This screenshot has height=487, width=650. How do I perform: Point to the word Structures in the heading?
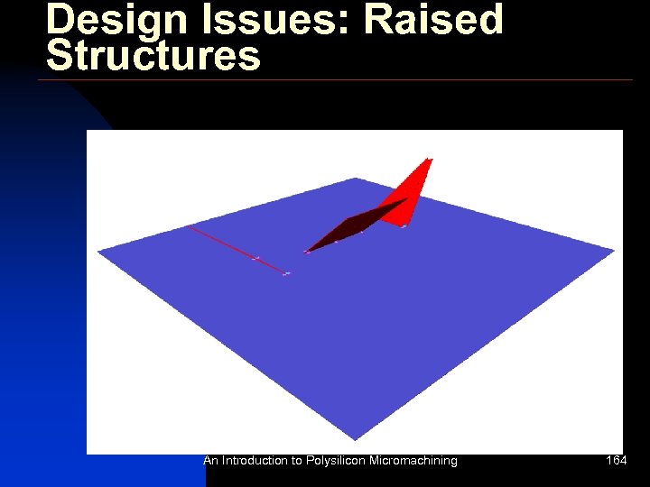coord(153,55)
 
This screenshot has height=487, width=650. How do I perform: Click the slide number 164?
coord(617,461)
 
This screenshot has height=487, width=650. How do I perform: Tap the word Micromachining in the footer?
coord(413,461)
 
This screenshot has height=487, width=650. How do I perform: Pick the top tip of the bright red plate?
coord(430,161)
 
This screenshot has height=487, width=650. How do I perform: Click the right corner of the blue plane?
coord(614,251)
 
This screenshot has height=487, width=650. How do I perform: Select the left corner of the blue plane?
coord(98,250)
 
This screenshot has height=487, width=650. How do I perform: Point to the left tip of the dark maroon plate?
coord(307,252)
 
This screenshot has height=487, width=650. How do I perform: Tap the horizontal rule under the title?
coord(334,80)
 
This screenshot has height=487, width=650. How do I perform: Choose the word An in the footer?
coord(211,461)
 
